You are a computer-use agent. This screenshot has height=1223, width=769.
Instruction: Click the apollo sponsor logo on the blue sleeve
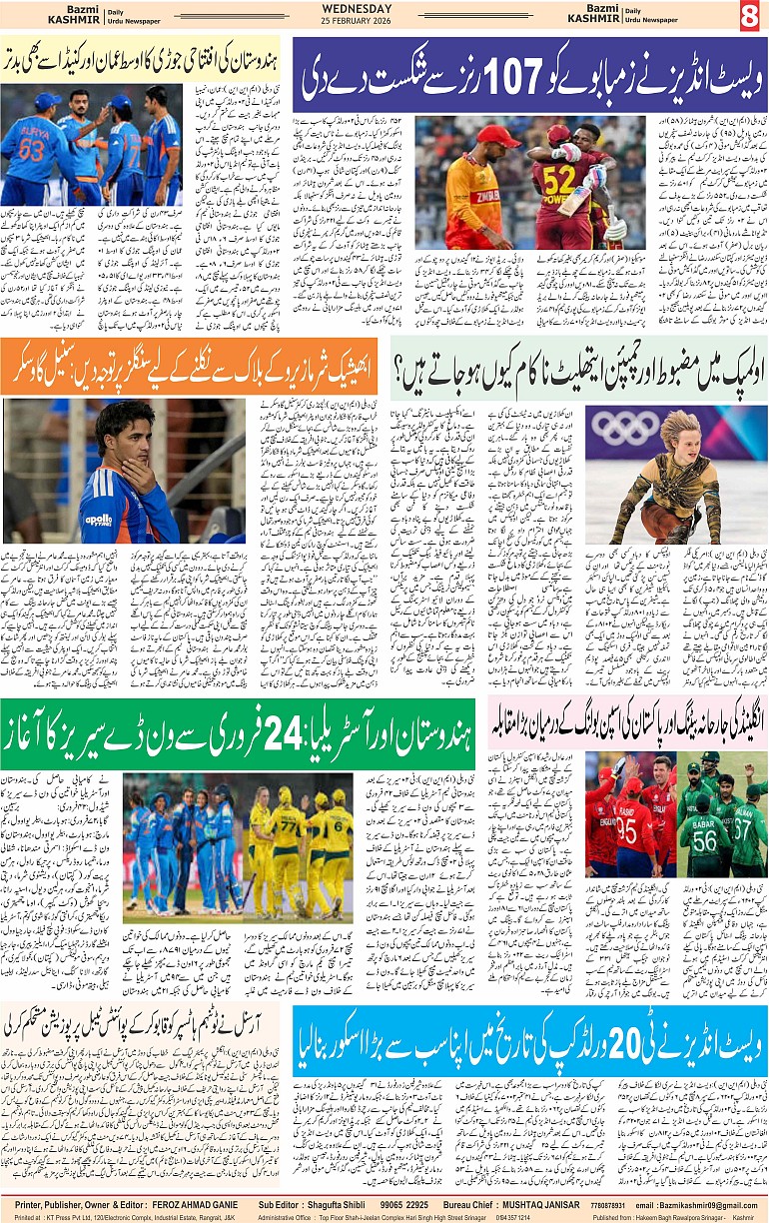click(x=98, y=520)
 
